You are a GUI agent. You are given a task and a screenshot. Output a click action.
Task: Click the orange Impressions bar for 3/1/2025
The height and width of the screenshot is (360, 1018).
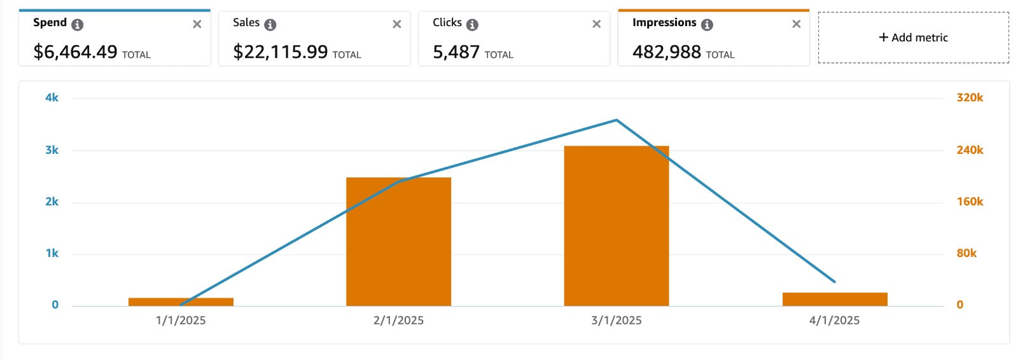(616, 226)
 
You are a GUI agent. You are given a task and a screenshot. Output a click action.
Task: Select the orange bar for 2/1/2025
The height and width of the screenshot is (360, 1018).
(398, 242)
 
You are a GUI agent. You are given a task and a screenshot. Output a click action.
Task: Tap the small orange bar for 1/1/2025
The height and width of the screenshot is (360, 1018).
(181, 301)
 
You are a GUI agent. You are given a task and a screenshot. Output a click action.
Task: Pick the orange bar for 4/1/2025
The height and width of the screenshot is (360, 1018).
(835, 299)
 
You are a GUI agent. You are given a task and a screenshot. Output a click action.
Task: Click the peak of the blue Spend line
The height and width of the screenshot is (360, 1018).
(616, 120)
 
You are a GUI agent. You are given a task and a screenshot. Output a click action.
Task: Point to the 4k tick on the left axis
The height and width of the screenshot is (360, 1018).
(52, 97)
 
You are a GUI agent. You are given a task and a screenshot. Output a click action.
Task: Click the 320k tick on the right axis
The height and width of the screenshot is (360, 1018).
(970, 97)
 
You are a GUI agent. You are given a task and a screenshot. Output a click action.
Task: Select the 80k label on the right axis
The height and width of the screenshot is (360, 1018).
(966, 253)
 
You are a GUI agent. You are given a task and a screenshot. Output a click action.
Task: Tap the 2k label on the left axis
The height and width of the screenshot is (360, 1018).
(52, 202)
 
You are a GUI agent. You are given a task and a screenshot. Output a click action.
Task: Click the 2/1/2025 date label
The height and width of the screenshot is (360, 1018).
(398, 321)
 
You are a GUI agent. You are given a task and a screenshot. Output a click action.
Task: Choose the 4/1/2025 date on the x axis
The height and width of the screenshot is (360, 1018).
(834, 321)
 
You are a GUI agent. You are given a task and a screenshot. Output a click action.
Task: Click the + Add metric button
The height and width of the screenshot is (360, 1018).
(913, 38)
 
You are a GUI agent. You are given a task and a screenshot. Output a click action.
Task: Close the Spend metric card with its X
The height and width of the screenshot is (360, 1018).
(197, 24)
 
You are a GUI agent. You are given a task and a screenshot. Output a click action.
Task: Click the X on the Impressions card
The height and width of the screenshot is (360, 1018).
(796, 24)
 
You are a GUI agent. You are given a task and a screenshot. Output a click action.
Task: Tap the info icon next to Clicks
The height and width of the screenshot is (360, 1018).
(472, 25)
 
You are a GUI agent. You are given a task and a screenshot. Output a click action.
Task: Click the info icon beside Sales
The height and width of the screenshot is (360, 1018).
(270, 25)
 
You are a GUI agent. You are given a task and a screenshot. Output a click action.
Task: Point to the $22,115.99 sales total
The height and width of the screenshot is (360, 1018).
(281, 52)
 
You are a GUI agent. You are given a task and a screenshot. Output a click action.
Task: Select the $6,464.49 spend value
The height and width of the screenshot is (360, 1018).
(75, 52)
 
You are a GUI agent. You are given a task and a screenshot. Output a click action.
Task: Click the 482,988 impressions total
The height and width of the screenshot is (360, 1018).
(666, 52)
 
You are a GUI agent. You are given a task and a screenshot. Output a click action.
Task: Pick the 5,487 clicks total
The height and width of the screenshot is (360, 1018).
(456, 52)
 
